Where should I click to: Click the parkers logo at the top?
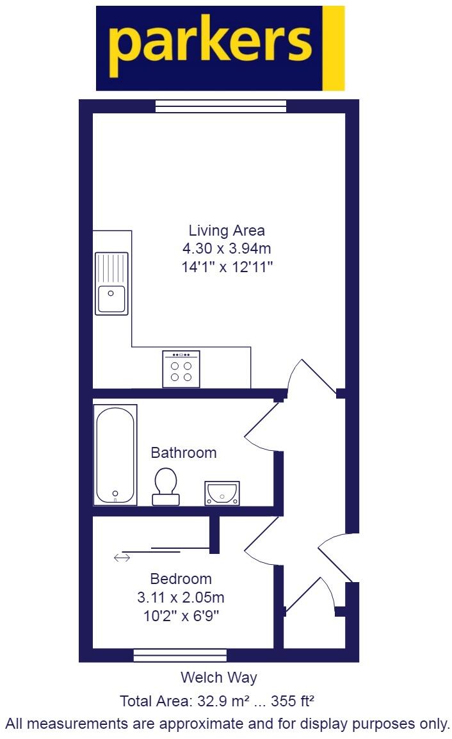(x=211, y=48)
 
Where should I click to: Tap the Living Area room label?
(x=227, y=231)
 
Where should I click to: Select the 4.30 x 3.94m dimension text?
(x=227, y=248)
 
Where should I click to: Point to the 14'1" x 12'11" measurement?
(x=227, y=267)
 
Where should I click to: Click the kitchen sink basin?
(x=111, y=299)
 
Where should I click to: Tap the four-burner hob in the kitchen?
(x=181, y=369)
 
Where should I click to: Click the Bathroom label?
(x=183, y=453)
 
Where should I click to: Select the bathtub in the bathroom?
(x=115, y=455)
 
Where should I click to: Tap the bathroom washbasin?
(x=222, y=492)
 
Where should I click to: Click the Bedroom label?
(x=181, y=579)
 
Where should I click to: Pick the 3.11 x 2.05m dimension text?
(x=181, y=598)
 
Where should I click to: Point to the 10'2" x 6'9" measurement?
(x=181, y=617)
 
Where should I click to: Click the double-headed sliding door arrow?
(x=121, y=558)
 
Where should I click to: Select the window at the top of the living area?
(x=221, y=106)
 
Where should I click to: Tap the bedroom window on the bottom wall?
(x=180, y=654)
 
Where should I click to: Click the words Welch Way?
(x=218, y=678)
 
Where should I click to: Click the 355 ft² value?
(x=293, y=701)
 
